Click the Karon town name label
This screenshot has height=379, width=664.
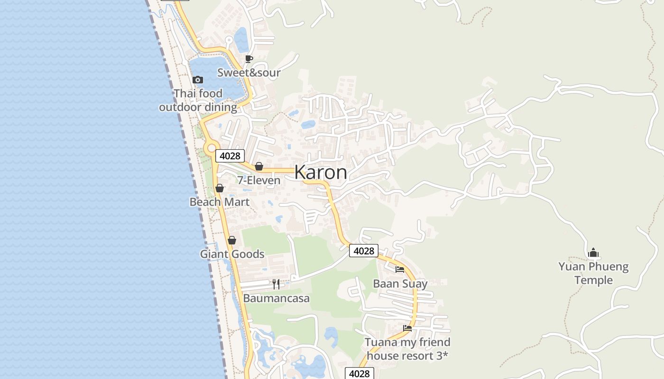tap(321, 172)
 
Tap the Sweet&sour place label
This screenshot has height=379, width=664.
tap(249, 72)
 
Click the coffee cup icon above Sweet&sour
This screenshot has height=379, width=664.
tap(249, 59)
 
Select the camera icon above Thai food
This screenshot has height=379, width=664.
tap(198, 80)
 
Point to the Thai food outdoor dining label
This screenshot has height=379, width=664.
tap(198, 100)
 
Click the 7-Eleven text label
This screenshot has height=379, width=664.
tap(258, 180)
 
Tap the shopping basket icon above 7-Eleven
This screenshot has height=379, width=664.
tap(259, 167)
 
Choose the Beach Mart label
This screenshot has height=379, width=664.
tap(219, 202)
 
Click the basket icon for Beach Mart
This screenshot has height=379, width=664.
tap(220, 189)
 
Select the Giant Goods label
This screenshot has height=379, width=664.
tap(232, 254)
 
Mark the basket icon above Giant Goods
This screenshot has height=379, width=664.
tap(232, 241)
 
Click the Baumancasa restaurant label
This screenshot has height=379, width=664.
tap(276, 298)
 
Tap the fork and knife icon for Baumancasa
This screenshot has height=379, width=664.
tap(276, 284)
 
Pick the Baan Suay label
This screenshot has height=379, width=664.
tap(400, 284)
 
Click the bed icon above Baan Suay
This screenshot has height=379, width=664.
tap(400, 270)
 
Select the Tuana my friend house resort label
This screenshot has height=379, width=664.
tap(407, 349)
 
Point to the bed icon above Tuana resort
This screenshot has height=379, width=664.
tap(407, 328)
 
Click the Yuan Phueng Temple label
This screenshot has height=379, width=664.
tap(593, 273)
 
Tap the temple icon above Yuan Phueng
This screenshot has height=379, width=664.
tap(593, 253)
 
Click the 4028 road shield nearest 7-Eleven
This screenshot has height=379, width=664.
tap(230, 156)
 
